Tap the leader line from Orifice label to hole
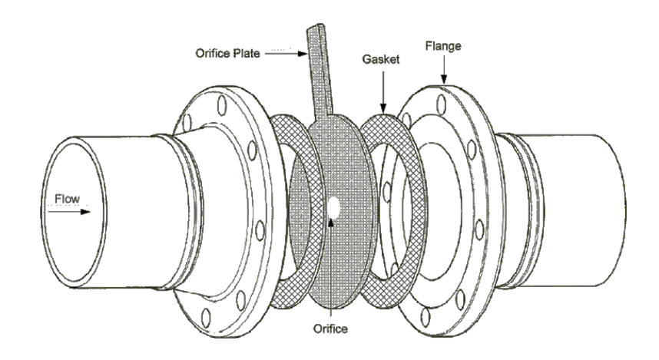point(330,269)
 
